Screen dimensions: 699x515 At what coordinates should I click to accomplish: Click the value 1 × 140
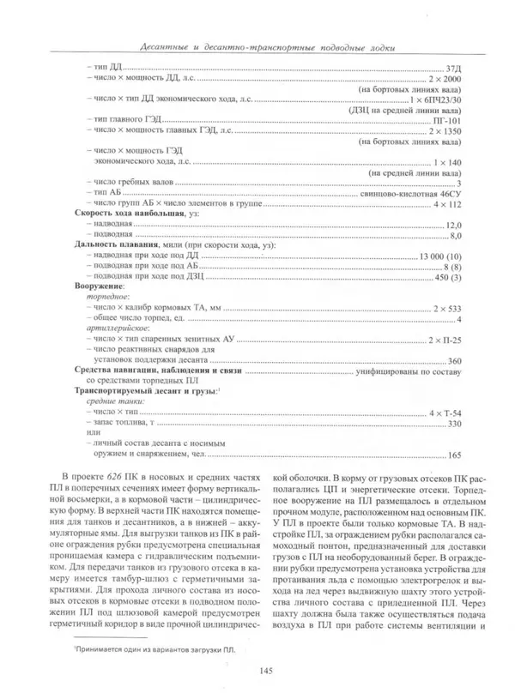[x=448, y=162]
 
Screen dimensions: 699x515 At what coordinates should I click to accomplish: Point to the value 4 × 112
[x=448, y=206]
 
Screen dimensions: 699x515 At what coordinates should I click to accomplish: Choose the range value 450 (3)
[x=447, y=278]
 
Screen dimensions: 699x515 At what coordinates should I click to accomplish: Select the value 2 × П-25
[x=445, y=340]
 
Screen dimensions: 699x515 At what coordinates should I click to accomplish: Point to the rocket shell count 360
[x=456, y=360]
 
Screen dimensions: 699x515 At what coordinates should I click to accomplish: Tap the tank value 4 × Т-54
[x=445, y=413]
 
